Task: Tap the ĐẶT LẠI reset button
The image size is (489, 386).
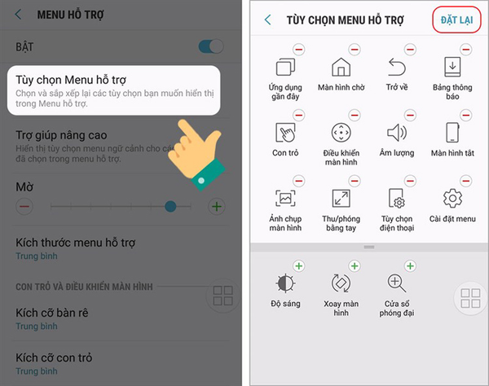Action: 456,20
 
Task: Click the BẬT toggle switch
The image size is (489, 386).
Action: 211,46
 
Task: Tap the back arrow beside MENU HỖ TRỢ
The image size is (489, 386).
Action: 19,15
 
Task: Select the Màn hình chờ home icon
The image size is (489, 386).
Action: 341,67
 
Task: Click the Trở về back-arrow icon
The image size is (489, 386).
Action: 397,67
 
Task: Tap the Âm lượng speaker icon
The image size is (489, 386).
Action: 397,133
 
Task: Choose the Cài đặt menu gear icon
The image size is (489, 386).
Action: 452,198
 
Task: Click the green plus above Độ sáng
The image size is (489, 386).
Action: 299,266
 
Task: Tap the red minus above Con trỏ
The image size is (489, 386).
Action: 299,116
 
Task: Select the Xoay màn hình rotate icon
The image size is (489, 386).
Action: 341,283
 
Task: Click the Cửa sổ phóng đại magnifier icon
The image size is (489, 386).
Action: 397,283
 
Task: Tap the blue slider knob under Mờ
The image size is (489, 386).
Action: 170,206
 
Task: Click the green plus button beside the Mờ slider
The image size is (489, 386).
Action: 217,206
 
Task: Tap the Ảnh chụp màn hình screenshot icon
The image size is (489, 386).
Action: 285,198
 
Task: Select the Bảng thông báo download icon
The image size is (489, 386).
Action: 452,67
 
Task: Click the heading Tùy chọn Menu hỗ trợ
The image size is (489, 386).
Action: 71,80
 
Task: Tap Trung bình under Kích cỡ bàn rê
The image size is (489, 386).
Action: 37,327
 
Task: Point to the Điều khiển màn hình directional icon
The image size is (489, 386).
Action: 341,133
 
